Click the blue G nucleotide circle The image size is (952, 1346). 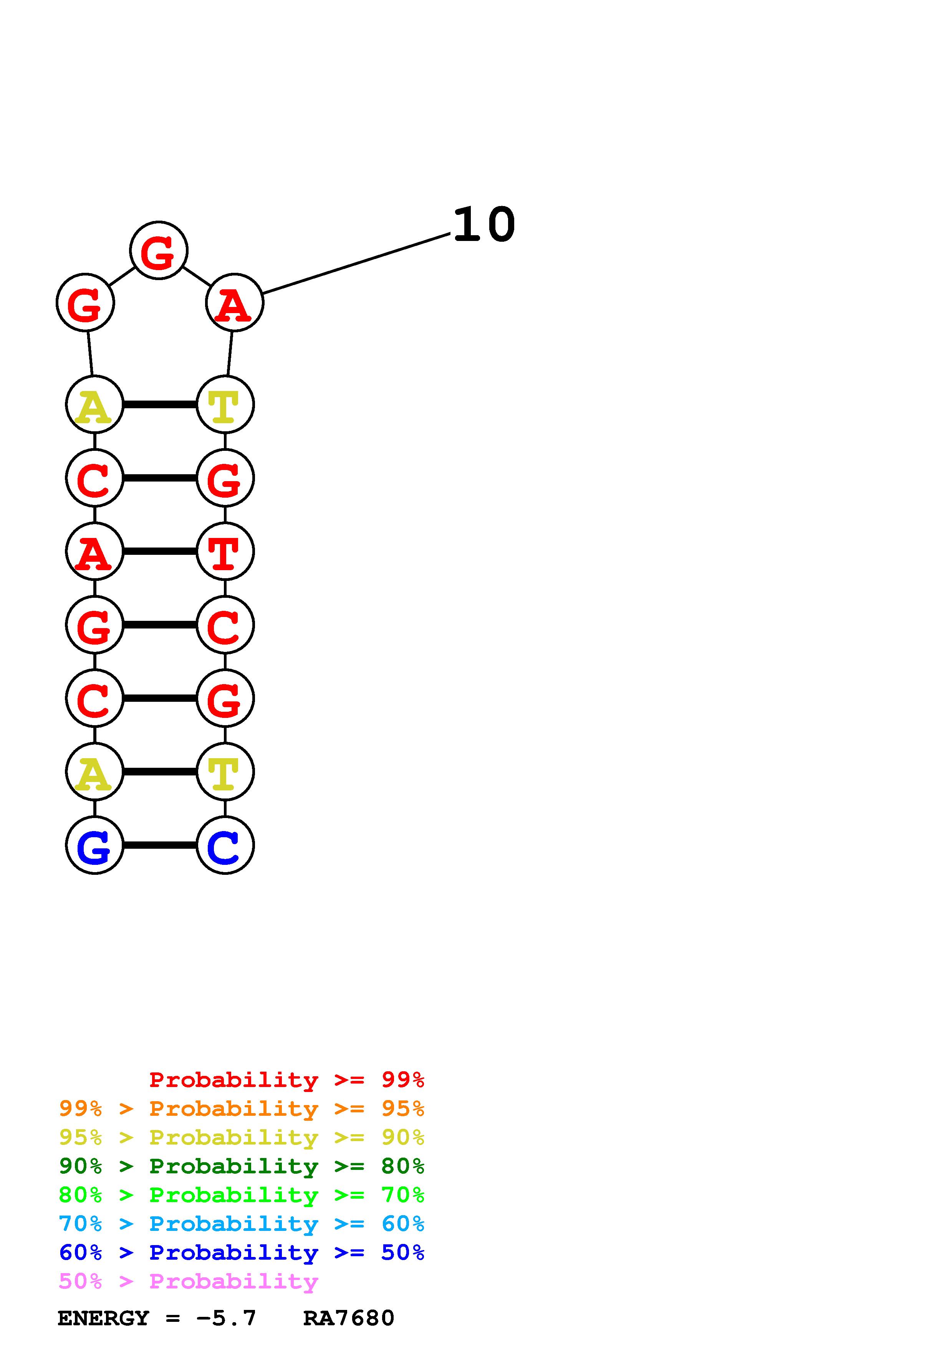click(94, 845)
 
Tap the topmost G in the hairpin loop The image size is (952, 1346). click(158, 250)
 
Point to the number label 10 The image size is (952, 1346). click(483, 225)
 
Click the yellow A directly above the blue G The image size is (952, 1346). click(94, 772)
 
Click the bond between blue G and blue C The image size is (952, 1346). click(159, 845)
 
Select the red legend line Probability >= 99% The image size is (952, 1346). click(286, 1080)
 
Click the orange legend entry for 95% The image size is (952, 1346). click(241, 1108)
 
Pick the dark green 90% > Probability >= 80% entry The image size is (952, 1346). click(241, 1166)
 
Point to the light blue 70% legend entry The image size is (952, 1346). click(241, 1224)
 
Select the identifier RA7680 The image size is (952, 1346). click(348, 1318)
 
